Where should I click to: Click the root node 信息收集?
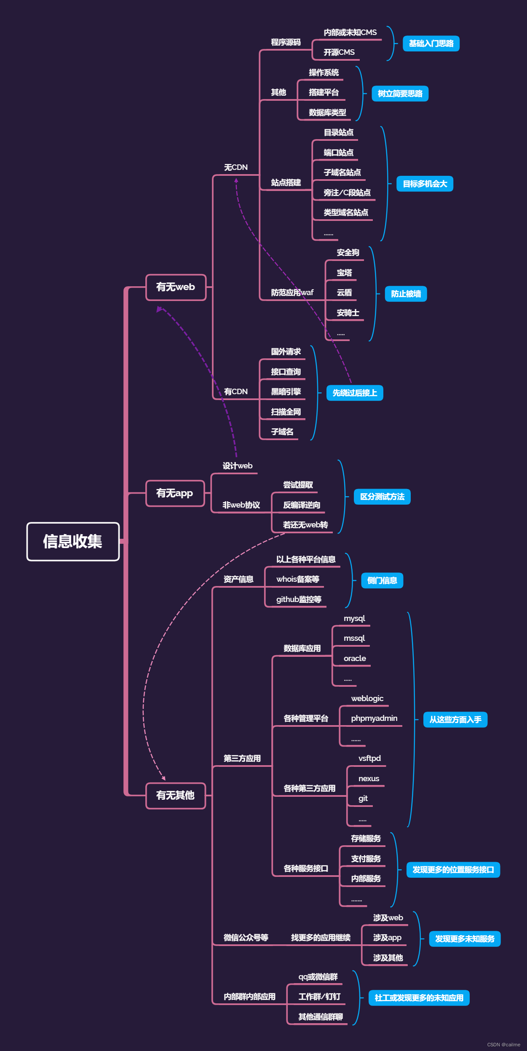pos(73,542)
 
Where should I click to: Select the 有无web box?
pos(176,288)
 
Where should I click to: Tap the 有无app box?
pos(175,493)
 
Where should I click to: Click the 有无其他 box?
pos(175,796)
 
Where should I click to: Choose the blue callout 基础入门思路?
pos(431,44)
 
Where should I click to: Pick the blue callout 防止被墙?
pos(406,294)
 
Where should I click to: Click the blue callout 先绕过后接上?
pos(355,393)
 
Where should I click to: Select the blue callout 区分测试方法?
pos(382,497)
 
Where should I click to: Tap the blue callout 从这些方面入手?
pos(455,720)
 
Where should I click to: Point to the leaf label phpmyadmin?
pos(374,718)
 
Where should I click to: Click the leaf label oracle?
pos(355,659)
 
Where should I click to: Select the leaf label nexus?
pos(369,779)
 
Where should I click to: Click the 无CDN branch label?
pos(235,168)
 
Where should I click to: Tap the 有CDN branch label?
pos(235,392)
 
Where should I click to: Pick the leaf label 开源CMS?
pos(339,52)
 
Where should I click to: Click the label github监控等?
pos(299,599)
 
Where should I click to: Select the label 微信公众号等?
pos(246,938)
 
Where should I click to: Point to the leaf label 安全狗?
pos(348,253)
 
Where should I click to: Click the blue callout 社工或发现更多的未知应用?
pos(419,998)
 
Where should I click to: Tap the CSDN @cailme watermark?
pos(503,1045)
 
